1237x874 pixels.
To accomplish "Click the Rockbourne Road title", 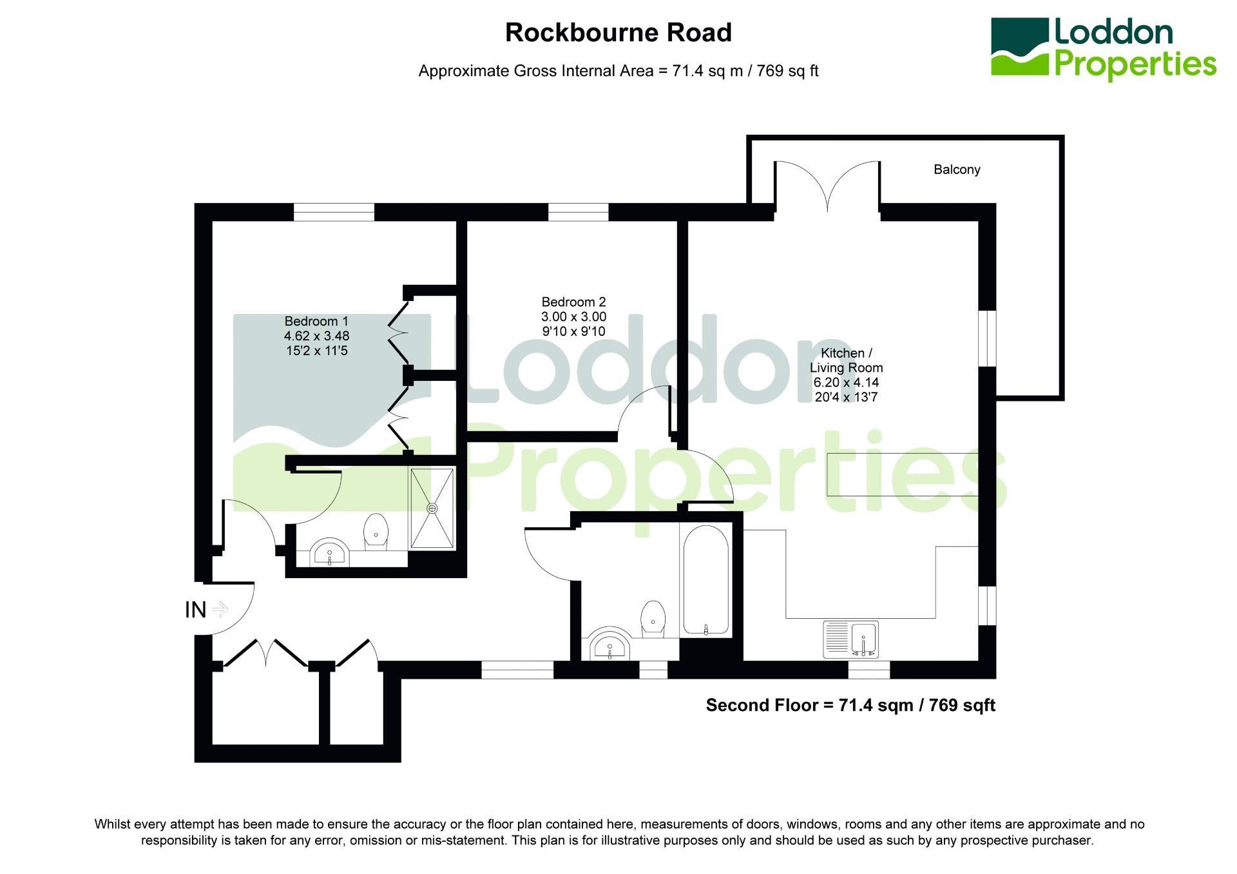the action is point(618,33).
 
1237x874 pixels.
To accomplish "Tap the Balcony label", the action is point(957,170).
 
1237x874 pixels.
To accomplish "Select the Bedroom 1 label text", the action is point(316,321).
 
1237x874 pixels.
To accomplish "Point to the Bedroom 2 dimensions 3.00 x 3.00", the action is point(573,316).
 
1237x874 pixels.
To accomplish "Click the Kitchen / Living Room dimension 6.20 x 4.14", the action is point(846,382).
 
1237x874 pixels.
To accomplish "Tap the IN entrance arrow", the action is point(220,609).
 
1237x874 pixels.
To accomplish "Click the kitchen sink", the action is point(850,639).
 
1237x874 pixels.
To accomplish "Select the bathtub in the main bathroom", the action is point(705,580).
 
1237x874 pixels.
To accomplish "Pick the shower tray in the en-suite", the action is point(432,508).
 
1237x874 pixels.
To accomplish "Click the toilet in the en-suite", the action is point(376,532).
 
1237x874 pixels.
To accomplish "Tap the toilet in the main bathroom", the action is point(653,619).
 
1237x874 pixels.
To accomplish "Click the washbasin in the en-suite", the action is point(330,554).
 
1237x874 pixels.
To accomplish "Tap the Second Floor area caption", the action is point(850,705).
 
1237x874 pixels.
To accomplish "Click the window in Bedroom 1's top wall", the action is point(334,212).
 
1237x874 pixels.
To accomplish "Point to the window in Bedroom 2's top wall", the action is point(578,212).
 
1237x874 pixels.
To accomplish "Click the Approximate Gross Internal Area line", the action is point(618,71).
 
